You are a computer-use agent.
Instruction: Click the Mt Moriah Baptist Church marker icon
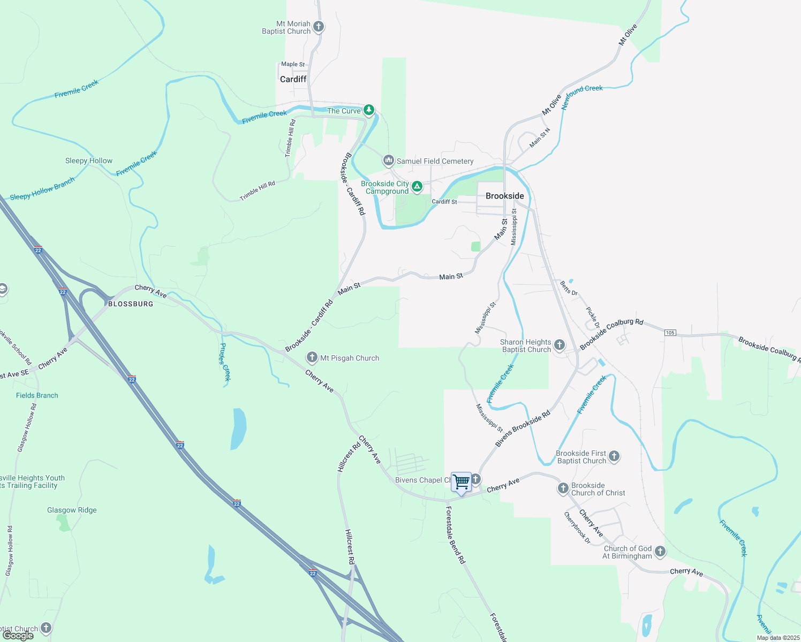tap(318, 27)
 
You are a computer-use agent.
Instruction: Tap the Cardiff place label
tap(293, 79)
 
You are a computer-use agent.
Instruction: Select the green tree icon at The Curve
tap(369, 110)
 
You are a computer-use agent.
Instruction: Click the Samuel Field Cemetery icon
tap(389, 160)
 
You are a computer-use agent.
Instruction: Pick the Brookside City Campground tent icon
tap(417, 187)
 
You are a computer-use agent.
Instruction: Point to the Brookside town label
tap(504, 196)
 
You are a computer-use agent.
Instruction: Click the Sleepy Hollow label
tap(89, 160)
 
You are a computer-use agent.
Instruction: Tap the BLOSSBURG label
tap(131, 304)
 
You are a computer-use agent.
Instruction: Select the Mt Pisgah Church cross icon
tap(312, 357)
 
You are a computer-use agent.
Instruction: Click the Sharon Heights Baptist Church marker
tap(560, 345)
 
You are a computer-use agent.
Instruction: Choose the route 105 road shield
tap(670, 333)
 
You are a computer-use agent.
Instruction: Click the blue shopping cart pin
tap(461, 481)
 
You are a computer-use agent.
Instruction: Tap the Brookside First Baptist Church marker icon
tap(614, 456)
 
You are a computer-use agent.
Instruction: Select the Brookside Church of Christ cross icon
tap(563, 488)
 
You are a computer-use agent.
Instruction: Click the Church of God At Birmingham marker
tap(660, 552)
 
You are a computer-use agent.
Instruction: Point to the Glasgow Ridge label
tap(72, 510)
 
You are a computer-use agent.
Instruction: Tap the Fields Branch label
tap(37, 395)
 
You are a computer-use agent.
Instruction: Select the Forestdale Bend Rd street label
tap(456, 535)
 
